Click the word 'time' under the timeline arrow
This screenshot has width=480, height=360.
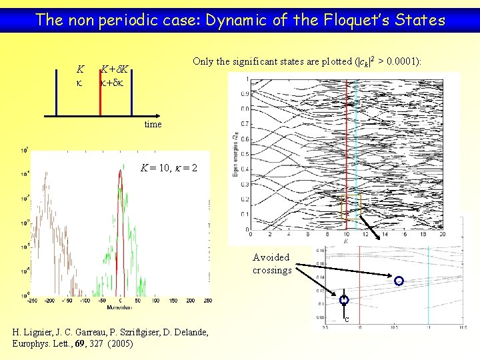click(x=152, y=125)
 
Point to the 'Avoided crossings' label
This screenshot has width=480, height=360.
click(x=272, y=264)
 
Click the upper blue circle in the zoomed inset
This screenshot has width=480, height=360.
click(x=399, y=281)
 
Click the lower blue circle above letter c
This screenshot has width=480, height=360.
click(x=344, y=301)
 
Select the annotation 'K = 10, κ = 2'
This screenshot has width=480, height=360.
click(x=168, y=167)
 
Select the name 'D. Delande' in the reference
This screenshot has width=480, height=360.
click(x=185, y=332)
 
